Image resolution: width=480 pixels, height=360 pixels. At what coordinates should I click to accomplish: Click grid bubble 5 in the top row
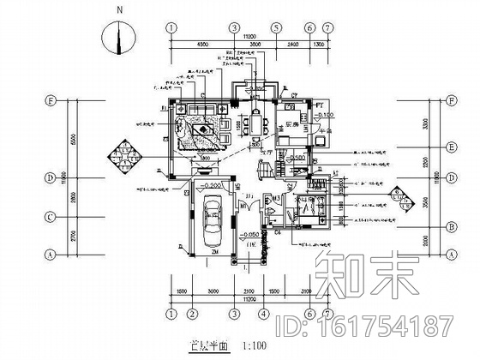(x=277, y=27)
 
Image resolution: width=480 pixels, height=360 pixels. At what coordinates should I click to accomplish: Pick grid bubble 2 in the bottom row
(x=191, y=313)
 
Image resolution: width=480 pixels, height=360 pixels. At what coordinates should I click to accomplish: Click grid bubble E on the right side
(x=449, y=147)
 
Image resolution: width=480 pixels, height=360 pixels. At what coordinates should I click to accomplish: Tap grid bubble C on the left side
(x=51, y=218)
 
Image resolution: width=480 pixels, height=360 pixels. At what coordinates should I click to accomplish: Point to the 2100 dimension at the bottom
(x=249, y=291)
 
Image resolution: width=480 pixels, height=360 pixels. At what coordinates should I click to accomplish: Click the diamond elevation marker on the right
(x=396, y=199)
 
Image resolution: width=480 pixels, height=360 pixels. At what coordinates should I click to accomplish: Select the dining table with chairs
(x=255, y=125)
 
